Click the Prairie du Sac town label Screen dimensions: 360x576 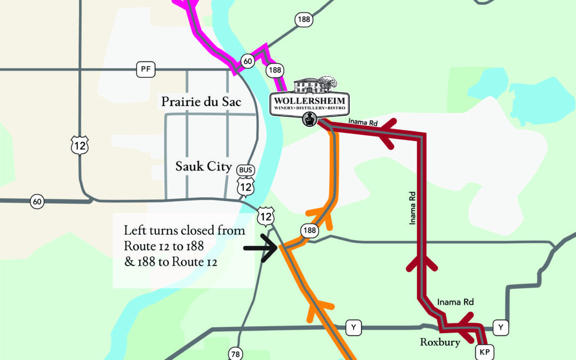click(x=202, y=101)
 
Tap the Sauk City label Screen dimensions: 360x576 click(x=204, y=167)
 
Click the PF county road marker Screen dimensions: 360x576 click(x=144, y=69)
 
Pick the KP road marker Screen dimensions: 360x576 click(x=484, y=352)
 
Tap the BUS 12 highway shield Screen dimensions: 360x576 click(x=246, y=180)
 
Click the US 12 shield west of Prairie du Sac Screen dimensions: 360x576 click(x=79, y=145)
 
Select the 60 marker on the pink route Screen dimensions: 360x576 click(x=247, y=61)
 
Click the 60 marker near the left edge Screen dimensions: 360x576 click(x=37, y=202)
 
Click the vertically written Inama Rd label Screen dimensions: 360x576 click(x=413, y=205)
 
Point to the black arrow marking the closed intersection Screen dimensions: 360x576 click(x=260, y=248)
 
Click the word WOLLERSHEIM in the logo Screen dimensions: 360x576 click(x=310, y=100)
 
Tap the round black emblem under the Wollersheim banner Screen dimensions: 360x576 click(x=309, y=119)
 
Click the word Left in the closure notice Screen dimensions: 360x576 click(x=133, y=231)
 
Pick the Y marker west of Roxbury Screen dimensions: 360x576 click(x=353, y=326)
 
